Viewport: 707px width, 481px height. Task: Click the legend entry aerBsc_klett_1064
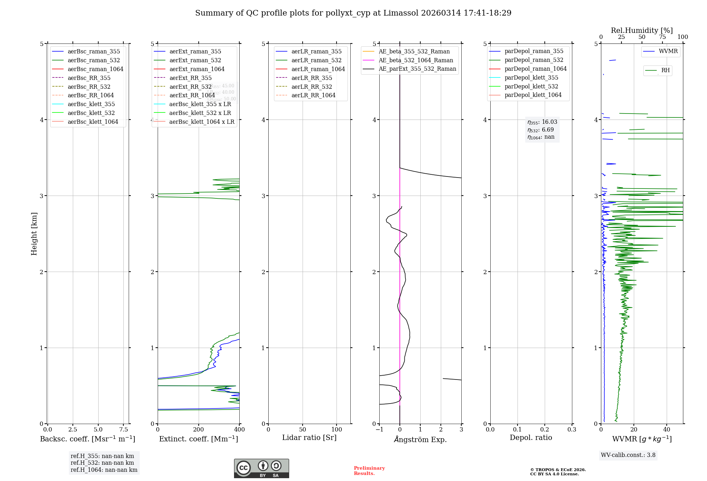(93, 122)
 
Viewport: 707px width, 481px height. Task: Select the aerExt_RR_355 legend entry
(190, 78)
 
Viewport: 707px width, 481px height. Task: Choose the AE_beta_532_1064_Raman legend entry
(416, 60)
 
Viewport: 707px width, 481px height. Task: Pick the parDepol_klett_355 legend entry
(531, 77)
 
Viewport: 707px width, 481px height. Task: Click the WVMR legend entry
(668, 51)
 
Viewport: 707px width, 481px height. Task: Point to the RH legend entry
(665, 70)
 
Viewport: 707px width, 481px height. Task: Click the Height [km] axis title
(34, 234)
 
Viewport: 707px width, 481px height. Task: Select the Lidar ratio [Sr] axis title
(309, 437)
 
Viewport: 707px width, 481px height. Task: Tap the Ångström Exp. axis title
(420, 439)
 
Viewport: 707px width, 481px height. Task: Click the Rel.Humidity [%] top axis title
(642, 30)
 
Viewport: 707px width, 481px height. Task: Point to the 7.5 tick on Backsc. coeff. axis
(123, 429)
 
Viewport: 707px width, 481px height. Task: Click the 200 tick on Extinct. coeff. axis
(199, 429)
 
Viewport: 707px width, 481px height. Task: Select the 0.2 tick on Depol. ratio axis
(545, 429)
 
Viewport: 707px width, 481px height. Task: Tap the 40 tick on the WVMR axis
(667, 429)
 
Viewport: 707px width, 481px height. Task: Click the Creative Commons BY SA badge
(261, 468)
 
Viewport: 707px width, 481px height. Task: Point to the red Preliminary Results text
(369, 470)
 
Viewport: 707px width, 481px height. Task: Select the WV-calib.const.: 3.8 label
(628, 455)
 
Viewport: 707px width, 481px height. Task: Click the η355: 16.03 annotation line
(542, 122)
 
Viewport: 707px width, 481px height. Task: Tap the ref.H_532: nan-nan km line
(102, 463)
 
